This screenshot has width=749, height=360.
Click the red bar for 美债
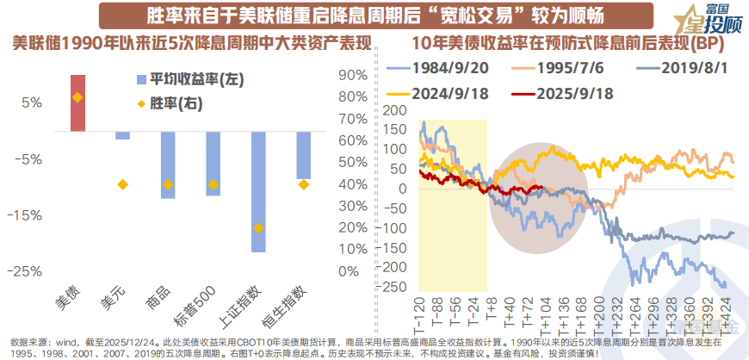(77, 103)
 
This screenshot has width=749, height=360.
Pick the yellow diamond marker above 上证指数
(257, 228)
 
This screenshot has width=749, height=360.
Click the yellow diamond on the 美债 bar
(77, 97)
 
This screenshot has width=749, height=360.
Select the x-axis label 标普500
(202, 302)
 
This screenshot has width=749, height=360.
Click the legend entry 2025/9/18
(573, 94)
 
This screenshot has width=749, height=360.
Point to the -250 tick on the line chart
(394, 286)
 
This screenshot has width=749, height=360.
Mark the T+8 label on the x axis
(491, 307)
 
